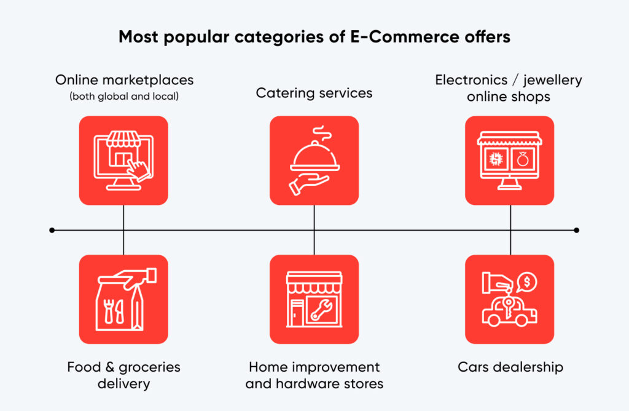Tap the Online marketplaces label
click(124, 80)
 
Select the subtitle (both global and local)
click(124, 97)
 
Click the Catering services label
click(314, 93)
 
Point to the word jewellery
click(552, 81)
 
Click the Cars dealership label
click(510, 367)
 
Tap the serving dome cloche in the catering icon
click(315, 157)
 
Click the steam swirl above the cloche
click(322, 134)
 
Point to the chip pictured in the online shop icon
click(496, 159)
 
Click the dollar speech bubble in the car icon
click(526, 282)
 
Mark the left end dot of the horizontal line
click(52, 230)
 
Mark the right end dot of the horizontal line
click(576, 230)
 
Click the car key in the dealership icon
click(508, 308)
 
